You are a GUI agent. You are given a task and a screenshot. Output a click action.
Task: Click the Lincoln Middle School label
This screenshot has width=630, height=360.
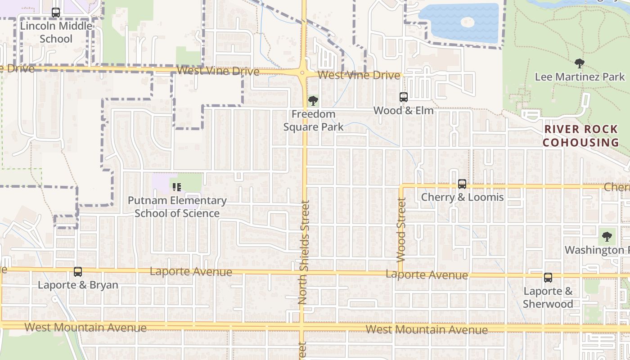56,32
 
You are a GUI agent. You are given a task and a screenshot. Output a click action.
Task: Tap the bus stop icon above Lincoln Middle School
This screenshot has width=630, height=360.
56,13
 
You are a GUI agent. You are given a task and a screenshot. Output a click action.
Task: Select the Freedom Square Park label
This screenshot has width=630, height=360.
313,121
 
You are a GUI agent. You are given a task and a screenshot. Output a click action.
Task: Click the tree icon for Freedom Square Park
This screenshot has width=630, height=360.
313,101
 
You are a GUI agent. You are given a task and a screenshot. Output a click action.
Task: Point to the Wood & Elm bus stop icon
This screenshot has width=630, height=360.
404,97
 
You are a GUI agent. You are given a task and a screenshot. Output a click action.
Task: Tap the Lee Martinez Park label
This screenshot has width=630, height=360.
580,77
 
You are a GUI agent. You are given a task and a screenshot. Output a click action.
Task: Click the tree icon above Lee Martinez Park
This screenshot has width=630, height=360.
580,63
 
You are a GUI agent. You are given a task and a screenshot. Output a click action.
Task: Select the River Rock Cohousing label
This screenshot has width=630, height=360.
581,136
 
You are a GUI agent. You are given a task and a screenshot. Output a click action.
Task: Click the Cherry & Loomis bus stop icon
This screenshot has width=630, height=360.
462,184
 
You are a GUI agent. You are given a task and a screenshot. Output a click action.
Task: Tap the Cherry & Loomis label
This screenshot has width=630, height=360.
462,197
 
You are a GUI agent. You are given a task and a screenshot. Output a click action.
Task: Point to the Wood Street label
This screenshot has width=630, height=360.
401,229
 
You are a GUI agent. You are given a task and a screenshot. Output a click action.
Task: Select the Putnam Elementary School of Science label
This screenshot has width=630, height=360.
177,207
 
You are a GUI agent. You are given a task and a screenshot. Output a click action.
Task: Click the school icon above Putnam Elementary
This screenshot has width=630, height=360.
177,186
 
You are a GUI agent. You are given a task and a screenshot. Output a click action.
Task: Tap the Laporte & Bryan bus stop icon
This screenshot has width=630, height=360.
78,272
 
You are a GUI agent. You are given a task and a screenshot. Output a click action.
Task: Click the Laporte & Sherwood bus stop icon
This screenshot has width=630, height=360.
548,278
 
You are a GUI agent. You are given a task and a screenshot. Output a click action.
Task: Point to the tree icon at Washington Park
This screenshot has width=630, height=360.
607,236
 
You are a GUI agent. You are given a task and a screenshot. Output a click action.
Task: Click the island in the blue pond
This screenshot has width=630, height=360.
468,22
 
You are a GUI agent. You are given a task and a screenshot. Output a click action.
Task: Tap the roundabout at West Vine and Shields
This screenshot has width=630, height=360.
302,72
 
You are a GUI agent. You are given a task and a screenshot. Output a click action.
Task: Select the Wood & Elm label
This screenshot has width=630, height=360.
404,111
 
